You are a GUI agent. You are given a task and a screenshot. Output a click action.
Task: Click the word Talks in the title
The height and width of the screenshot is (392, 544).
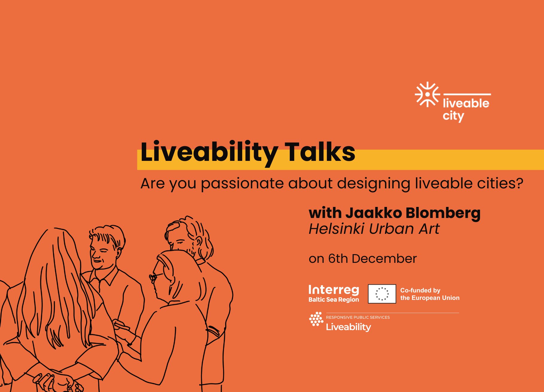320,152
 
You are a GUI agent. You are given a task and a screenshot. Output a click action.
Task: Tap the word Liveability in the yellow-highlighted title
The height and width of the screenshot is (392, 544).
209,153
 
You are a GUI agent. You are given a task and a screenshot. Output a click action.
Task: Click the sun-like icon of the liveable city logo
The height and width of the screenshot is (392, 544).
427,94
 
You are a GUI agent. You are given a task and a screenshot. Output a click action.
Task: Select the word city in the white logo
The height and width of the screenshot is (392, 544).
453,116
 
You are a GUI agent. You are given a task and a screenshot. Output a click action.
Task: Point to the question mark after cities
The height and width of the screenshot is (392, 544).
519,183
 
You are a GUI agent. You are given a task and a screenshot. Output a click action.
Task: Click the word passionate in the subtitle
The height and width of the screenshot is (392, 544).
242,184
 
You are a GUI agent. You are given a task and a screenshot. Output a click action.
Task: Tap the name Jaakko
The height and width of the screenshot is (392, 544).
374,213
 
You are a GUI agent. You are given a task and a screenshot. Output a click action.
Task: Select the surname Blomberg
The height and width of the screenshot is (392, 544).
443,214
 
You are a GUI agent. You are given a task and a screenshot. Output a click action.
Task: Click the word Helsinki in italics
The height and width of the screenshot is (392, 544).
336,229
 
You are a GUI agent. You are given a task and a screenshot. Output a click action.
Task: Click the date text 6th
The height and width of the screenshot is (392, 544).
338,259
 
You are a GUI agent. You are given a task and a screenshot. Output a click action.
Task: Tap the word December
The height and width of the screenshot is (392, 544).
384,259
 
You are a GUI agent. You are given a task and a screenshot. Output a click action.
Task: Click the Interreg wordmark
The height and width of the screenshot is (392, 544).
334,290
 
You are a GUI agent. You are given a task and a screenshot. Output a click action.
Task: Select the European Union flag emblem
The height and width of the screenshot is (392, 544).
382,294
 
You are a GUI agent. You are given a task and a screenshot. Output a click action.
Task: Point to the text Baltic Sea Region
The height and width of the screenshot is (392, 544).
334,300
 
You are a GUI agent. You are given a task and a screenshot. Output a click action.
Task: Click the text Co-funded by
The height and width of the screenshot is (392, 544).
420,290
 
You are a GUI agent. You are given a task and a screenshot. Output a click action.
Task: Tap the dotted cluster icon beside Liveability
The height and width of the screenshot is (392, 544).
316,319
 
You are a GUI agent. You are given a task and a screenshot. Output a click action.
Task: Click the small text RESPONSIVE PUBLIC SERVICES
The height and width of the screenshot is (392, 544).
358,317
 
